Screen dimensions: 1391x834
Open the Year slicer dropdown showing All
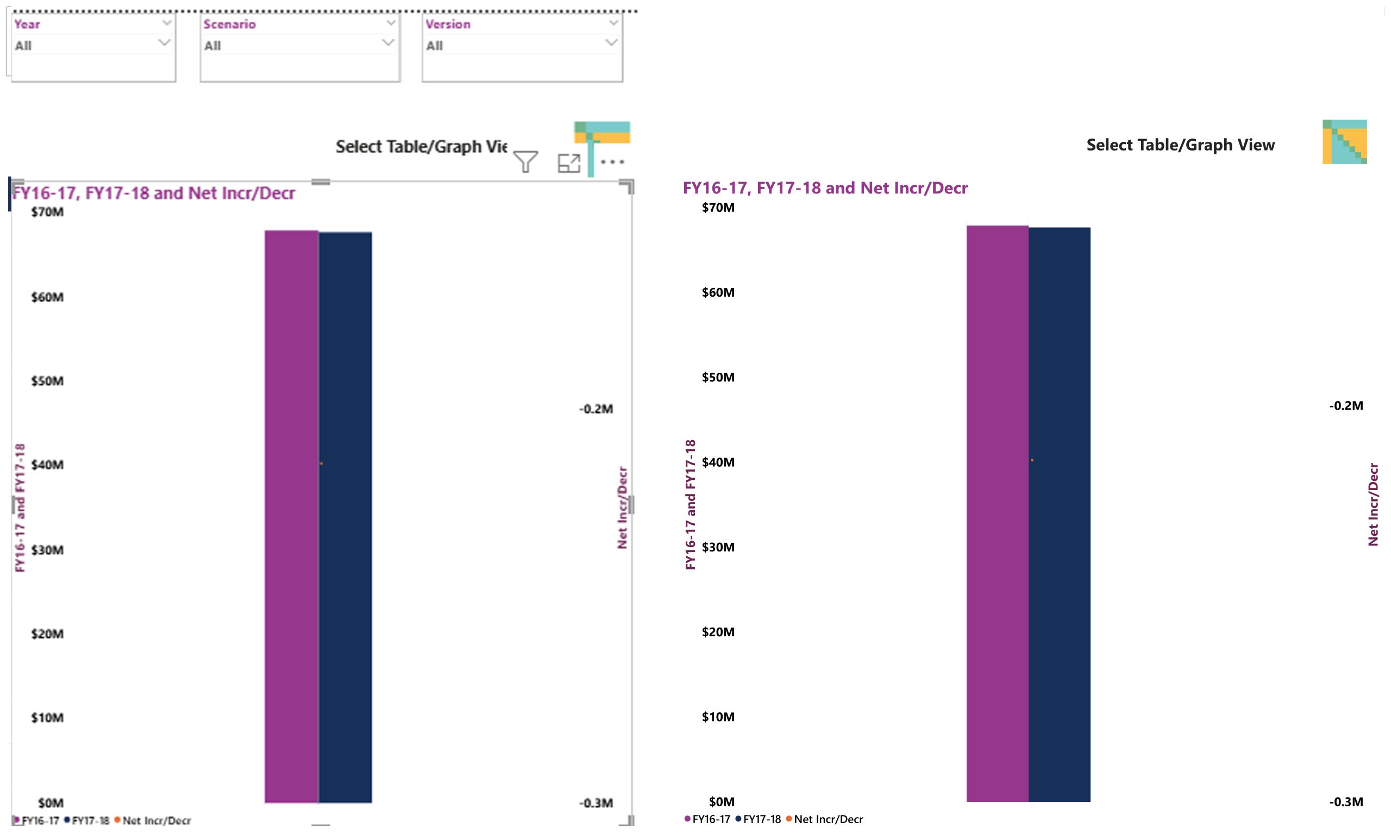(x=92, y=45)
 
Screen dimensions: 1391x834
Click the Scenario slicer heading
(x=229, y=24)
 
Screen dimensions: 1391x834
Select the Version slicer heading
(x=447, y=24)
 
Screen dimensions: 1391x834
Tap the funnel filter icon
(x=525, y=162)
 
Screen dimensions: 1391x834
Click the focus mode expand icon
(x=569, y=163)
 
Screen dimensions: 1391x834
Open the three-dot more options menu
(x=612, y=162)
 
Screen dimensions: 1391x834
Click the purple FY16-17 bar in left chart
(x=292, y=517)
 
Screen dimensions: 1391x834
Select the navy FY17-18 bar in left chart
(x=345, y=517)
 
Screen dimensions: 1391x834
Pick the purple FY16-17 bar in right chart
(x=998, y=513)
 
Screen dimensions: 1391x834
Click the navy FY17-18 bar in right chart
(x=1060, y=515)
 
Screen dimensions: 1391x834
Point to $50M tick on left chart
(x=47, y=381)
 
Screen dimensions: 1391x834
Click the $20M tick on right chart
(x=718, y=632)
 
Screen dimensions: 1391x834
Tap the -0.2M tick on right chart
(x=1346, y=406)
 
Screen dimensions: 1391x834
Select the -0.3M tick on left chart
(x=596, y=802)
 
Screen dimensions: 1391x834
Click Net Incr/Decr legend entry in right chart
(x=824, y=819)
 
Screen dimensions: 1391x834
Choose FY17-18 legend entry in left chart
(x=87, y=820)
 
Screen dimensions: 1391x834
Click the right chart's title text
(x=825, y=187)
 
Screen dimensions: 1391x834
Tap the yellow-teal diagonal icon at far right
(x=1344, y=142)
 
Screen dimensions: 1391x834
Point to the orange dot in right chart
(x=1032, y=460)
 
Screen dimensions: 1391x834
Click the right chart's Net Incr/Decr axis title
(x=1373, y=504)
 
